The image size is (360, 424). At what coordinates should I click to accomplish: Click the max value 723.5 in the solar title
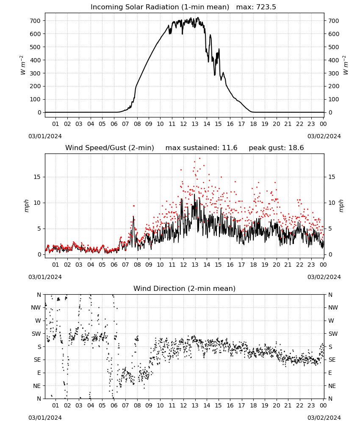click(x=266, y=7)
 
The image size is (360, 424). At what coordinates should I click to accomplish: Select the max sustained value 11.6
click(x=230, y=148)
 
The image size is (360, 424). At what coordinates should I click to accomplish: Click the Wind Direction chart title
click(x=185, y=288)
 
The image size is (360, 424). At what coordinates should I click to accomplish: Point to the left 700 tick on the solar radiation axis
click(x=35, y=21)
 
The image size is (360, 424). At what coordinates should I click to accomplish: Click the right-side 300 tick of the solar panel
click(x=334, y=73)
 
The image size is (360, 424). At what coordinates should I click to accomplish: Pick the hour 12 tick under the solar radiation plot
click(x=183, y=124)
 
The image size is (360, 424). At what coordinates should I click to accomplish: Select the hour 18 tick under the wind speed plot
click(x=253, y=265)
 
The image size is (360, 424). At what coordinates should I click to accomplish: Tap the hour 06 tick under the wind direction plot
click(x=114, y=405)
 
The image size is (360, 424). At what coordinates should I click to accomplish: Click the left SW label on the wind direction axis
click(x=36, y=334)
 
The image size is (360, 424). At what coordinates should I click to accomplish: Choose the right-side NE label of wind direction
click(x=332, y=386)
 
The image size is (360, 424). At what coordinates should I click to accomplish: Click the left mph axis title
click(x=26, y=206)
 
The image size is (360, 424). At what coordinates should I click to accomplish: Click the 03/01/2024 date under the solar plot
click(x=45, y=136)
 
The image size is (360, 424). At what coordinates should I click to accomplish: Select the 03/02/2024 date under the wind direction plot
click(x=324, y=418)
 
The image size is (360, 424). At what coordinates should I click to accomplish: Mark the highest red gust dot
click(x=199, y=159)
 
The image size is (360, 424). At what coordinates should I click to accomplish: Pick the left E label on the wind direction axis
click(x=39, y=373)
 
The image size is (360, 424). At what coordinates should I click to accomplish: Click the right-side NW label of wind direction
click(x=333, y=307)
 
